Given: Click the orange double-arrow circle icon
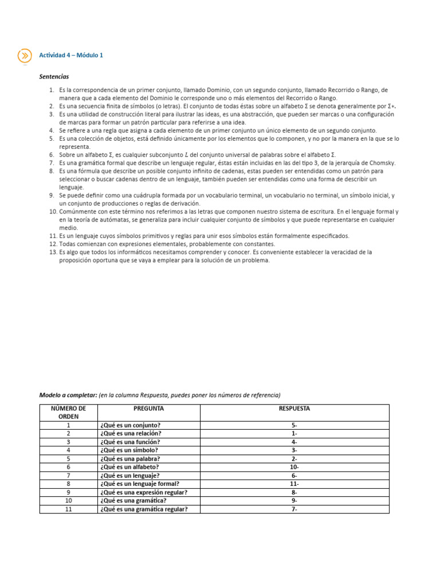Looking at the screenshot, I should pos(25,56).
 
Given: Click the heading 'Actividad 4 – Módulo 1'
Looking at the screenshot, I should pos(71,56).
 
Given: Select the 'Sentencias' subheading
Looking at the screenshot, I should pos(54,76).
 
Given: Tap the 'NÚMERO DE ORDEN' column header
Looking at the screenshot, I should pos(68,413).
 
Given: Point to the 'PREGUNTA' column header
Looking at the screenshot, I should pos(148,409).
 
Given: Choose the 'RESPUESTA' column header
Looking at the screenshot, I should pos(294,409).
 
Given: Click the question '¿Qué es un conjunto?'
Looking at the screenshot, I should pos(130,425).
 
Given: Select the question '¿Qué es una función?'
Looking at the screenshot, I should pos(130,442).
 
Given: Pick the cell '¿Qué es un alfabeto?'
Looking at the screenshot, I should pos(129,467).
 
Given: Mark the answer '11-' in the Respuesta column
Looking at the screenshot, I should pos(294,484).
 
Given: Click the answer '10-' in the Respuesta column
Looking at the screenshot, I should pos(294,467).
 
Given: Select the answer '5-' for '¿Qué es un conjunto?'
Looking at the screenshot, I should pos(294,425).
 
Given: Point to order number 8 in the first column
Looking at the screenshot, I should pos(68,484).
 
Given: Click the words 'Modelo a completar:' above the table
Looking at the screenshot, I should pos(68,395).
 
